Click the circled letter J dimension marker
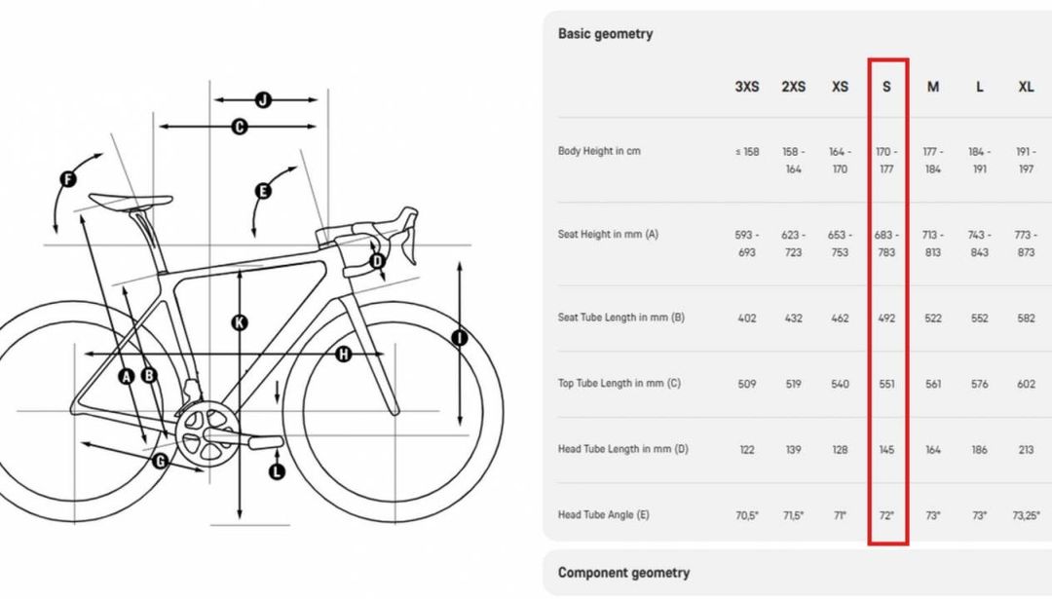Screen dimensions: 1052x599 point(264,100)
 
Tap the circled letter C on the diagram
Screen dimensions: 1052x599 point(240,126)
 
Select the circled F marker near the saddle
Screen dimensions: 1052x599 point(68,179)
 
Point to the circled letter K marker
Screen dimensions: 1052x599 point(240,322)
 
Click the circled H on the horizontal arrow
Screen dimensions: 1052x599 point(344,354)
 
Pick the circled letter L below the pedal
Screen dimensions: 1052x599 point(277,471)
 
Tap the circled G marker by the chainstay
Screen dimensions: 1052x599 point(161,461)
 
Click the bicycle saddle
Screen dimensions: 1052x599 point(131,201)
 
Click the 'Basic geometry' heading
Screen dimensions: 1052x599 point(605,33)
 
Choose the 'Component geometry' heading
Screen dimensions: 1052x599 point(623,573)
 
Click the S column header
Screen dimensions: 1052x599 point(886,87)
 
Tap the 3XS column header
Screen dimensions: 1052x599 point(747,87)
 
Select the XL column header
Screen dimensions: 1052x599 point(1026,87)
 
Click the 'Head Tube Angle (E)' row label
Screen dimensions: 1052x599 point(603,514)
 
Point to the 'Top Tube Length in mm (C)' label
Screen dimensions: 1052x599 point(619,383)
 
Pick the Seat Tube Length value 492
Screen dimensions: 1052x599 point(886,318)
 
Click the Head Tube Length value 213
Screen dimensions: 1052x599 point(1026,449)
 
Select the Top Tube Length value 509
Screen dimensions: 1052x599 point(747,384)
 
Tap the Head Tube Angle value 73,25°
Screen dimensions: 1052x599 point(1026,515)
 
